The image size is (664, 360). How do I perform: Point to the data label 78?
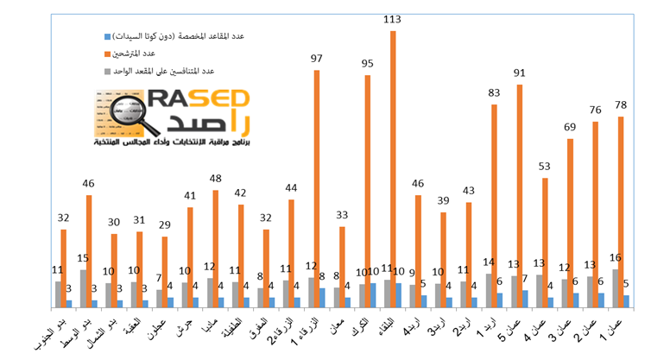click(621, 105)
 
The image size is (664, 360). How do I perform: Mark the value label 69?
click(570, 127)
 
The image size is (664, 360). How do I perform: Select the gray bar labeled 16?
click(615, 287)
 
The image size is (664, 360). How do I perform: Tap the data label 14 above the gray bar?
click(488, 262)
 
